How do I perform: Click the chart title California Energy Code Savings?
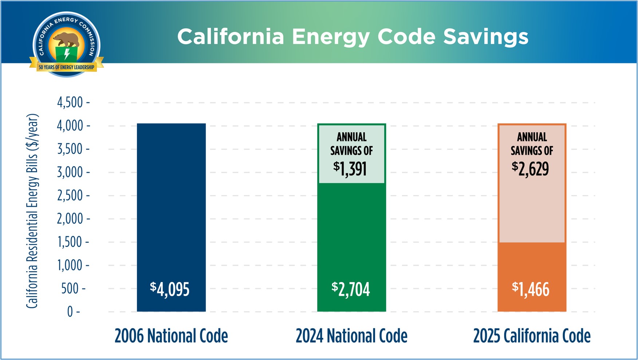(x=353, y=37)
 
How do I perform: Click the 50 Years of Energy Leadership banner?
(x=66, y=67)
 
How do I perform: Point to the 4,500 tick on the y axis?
(x=70, y=103)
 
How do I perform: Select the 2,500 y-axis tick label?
(x=70, y=196)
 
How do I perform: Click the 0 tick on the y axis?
(x=70, y=312)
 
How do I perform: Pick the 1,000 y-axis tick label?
(x=70, y=265)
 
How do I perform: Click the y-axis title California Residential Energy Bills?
(x=32, y=211)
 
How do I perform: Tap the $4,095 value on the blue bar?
(x=170, y=289)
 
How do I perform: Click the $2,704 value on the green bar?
(x=351, y=289)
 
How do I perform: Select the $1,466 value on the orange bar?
(x=531, y=289)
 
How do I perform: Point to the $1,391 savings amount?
(x=350, y=169)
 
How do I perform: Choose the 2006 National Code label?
(x=171, y=336)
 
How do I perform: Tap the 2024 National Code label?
(x=351, y=336)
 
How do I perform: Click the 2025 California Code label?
(x=532, y=336)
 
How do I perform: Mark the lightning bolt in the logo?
(x=67, y=54)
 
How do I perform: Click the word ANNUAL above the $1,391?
(x=351, y=137)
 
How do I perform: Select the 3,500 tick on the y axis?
(x=70, y=149)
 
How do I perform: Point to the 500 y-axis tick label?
(x=70, y=289)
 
